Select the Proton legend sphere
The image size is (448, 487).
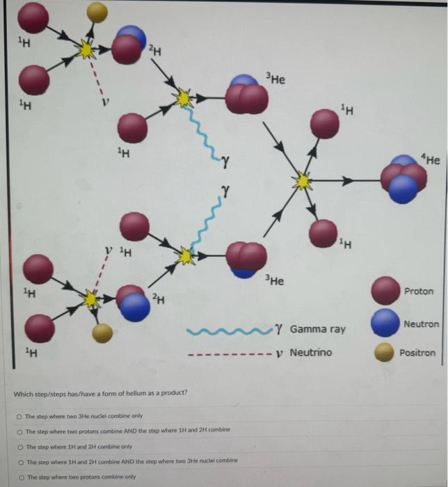(385, 291)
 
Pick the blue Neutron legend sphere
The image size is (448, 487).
(385, 324)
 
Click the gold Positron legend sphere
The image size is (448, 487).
(385, 353)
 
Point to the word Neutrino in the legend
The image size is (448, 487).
(310, 352)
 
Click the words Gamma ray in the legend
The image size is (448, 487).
(317, 328)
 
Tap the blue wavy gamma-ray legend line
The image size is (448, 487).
(228, 328)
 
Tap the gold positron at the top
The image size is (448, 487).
(97, 11)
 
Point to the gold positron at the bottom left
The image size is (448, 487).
(102, 333)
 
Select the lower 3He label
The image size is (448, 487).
(275, 281)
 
